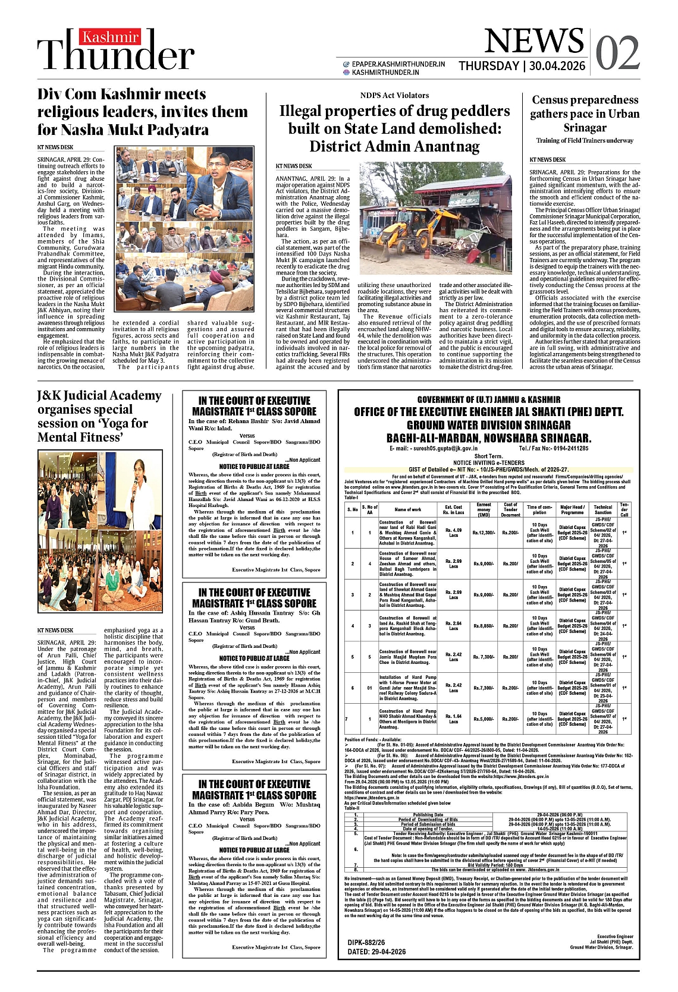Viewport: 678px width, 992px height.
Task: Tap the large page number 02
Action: click(x=617, y=53)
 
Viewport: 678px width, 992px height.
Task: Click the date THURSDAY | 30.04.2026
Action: click(x=522, y=66)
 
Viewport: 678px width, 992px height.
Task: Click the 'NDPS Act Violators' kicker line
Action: click(x=394, y=95)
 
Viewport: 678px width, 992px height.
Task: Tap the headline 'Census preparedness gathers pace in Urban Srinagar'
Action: click(x=585, y=114)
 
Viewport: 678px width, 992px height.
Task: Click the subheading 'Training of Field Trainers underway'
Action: click(x=585, y=141)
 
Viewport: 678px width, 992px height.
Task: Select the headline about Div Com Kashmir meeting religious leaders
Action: click(x=143, y=112)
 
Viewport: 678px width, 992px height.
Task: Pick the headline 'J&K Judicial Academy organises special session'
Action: click(x=99, y=416)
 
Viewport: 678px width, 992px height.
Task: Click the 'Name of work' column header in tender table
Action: click(x=407, y=509)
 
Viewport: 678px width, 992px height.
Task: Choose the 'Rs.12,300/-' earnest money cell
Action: click(x=484, y=533)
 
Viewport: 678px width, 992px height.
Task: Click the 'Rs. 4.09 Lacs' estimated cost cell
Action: click(x=453, y=533)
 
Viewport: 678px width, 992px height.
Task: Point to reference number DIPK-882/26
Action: click(x=366, y=942)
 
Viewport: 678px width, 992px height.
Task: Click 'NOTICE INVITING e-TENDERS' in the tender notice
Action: click(x=488, y=462)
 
